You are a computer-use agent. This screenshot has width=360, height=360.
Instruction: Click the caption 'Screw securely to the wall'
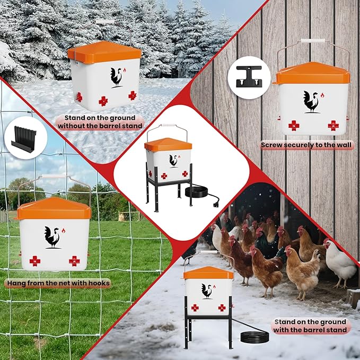click(307, 144)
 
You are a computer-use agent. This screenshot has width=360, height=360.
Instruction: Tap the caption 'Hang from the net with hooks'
click(58, 283)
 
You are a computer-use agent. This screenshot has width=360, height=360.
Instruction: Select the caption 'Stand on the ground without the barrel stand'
click(100, 121)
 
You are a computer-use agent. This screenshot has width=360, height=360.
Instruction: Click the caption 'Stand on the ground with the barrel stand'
click(310, 326)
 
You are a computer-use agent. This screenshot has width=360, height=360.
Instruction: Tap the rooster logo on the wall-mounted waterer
click(311, 101)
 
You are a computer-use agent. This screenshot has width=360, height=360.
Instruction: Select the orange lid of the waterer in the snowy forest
click(104, 51)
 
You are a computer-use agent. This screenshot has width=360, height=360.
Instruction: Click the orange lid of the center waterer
click(168, 144)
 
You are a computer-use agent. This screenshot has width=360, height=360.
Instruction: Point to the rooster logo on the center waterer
click(173, 160)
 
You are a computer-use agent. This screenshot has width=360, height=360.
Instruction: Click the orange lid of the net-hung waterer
click(54, 208)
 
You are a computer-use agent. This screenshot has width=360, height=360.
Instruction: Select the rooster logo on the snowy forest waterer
click(117, 77)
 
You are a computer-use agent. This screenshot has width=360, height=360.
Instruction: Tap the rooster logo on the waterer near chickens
click(206, 291)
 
